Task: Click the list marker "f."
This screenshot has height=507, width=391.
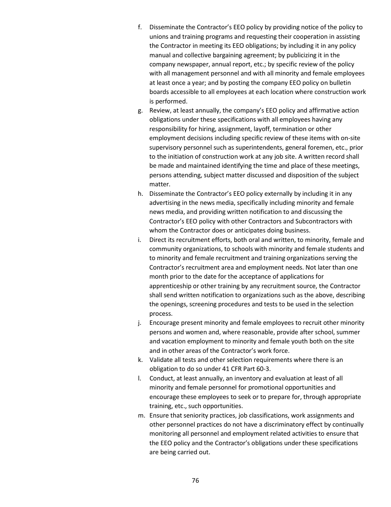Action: [140, 28]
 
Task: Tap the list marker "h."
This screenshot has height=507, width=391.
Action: [140, 194]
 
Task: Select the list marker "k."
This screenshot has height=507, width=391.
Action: [140, 360]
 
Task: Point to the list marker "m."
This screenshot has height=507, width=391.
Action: [141, 415]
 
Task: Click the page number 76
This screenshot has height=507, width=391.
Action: [195, 481]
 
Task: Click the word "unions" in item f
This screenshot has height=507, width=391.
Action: [159, 37]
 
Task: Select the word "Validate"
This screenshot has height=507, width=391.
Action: [161, 360]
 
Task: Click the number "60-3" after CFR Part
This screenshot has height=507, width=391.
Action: [262, 369]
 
